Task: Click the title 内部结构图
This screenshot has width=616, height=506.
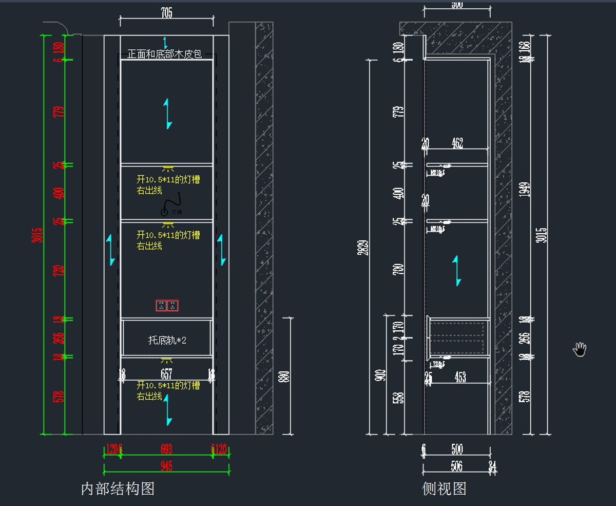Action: (118, 489)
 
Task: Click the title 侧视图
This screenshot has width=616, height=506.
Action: (444, 489)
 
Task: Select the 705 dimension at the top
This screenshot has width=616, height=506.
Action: (167, 13)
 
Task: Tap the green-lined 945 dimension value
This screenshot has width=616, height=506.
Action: (166, 466)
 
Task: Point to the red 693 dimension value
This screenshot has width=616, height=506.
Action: (166, 450)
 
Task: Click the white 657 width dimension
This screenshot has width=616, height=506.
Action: (166, 374)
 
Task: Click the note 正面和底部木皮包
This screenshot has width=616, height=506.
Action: (164, 54)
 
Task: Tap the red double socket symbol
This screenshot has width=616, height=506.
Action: (167, 306)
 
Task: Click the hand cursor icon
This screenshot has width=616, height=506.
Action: (580, 349)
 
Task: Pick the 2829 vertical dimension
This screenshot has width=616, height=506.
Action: (363, 247)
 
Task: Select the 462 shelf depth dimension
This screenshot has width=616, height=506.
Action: (457, 143)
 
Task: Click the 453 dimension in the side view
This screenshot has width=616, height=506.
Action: (460, 377)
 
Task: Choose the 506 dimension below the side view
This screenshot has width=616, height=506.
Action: (456, 466)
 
